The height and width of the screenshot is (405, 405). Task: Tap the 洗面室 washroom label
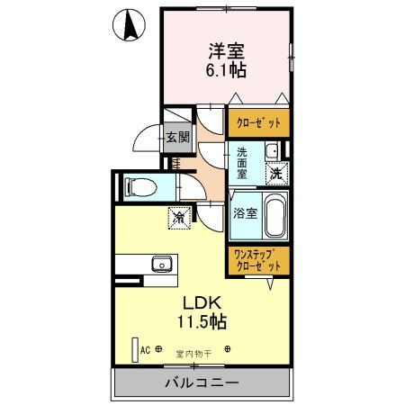[242, 161]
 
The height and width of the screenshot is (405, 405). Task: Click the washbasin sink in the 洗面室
[273, 150]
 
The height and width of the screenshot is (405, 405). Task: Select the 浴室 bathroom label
[247, 214]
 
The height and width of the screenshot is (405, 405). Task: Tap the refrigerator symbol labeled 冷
[179, 217]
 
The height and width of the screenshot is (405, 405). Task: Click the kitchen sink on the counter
[162, 264]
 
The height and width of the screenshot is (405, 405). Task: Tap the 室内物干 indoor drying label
[193, 353]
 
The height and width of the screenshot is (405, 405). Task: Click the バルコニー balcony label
[202, 383]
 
